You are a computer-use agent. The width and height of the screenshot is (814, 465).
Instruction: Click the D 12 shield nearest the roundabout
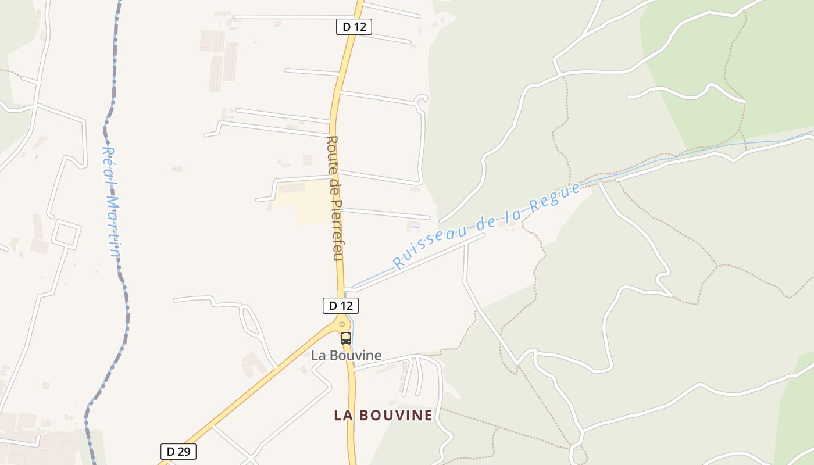click(341, 306)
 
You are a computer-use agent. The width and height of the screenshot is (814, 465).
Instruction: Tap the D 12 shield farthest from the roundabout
click(354, 27)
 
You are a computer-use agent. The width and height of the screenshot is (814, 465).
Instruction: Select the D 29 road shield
click(178, 452)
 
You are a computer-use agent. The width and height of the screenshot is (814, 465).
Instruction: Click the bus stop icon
click(346, 338)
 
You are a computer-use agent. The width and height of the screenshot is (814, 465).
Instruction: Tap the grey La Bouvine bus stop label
click(346, 355)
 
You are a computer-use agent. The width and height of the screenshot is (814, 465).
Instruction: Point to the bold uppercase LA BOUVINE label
click(383, 415)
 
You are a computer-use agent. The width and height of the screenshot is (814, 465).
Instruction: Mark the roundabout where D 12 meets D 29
click(342, 324)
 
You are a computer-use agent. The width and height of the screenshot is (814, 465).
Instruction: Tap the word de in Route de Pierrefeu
click(335, 188)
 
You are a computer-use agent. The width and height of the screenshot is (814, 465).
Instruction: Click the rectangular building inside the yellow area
click(291, 188)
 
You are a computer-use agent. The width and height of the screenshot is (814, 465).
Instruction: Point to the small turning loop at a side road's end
click(421, 98)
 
